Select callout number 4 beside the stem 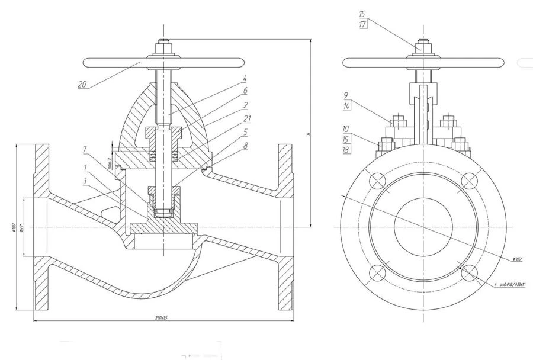(x=245, y=78)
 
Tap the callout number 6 (x=245, y=91)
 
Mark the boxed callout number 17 (x=362, y=25)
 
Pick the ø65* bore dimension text (x=21, y=229)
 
